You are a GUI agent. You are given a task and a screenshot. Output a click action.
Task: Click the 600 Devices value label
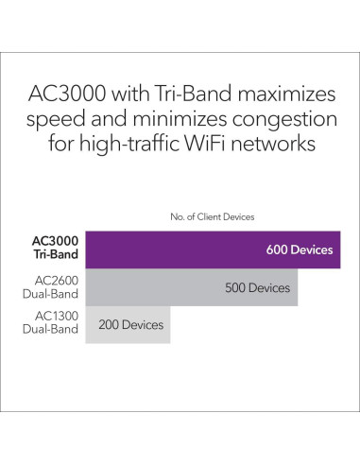300,250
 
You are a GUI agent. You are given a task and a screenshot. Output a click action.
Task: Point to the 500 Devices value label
257,287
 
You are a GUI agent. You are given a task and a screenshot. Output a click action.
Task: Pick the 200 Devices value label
130,325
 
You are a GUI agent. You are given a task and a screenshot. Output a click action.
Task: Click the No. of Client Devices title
212,216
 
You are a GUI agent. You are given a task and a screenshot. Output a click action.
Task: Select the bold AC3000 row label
52,244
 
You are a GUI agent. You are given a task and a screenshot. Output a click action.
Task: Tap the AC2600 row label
58,280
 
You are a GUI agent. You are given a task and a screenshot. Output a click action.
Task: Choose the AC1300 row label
58,318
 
